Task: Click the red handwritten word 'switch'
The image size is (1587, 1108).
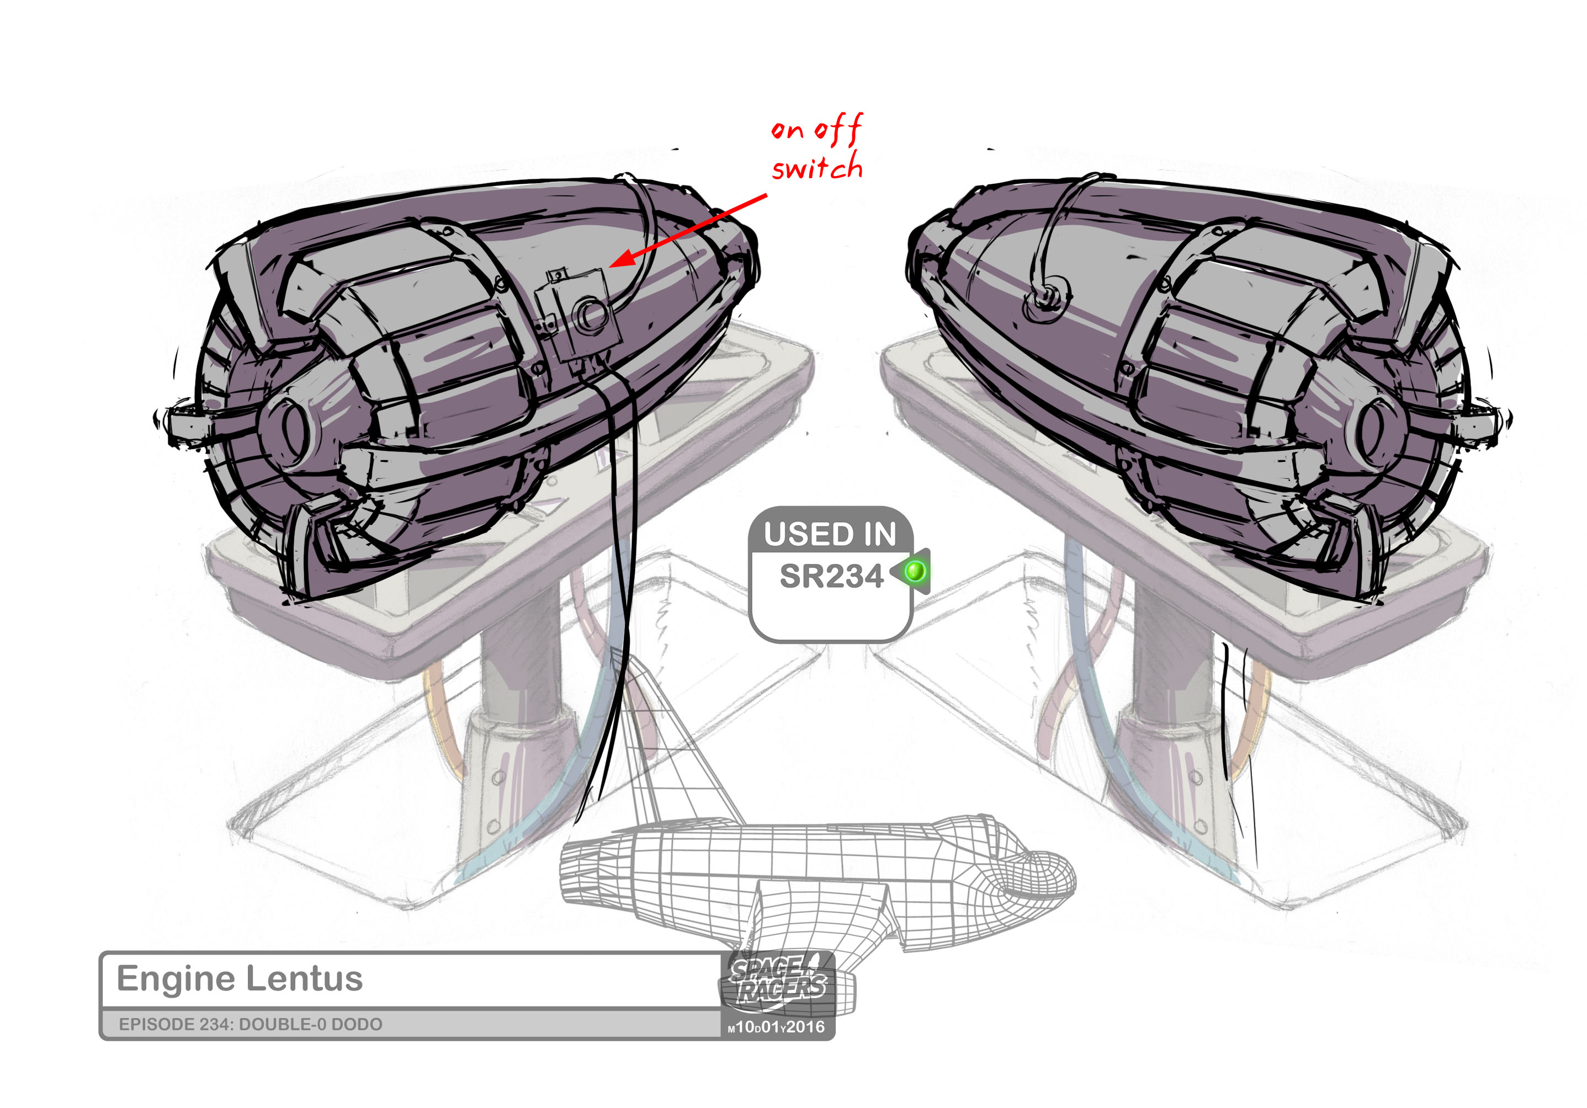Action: point(817,168)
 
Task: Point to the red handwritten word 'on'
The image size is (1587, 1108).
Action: point(787,130)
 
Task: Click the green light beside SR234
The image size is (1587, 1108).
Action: point(915,571)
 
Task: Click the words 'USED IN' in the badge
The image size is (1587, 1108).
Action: point(830,535)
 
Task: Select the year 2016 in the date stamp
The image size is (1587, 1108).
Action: point(805,1027)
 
